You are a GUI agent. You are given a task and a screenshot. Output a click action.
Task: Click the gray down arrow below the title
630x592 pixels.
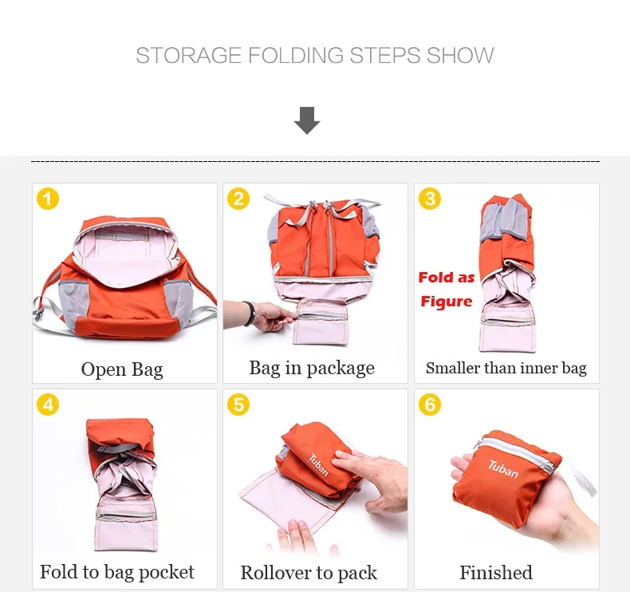(x=307, y=120)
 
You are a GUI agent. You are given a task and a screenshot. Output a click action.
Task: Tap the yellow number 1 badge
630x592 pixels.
(x=48, y=199)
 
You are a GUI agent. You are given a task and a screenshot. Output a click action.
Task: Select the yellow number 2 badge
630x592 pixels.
(x=238, y=199)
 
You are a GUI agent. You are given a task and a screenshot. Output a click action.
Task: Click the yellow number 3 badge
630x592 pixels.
(x=430, y=199)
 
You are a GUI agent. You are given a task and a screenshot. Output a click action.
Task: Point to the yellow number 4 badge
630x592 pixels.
(x=48, y=405)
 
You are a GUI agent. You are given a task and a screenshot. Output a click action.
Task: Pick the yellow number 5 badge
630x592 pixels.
(x=238, y=405)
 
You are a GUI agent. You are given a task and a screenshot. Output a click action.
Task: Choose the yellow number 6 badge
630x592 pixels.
(x=430, y=405)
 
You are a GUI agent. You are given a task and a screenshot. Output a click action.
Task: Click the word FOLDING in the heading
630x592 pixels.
(x=296, y=56)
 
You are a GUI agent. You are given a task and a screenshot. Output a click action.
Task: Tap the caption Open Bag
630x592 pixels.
(x=122, y=369)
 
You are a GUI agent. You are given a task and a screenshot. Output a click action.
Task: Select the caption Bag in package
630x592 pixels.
(x=312, y=368)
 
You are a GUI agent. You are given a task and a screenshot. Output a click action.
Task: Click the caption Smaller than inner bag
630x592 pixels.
(x=506, y=368)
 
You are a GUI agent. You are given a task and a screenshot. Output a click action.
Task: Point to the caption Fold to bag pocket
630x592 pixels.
(x=117, y=572)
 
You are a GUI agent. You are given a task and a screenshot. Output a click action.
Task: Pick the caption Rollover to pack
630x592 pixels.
(x=309, y=573)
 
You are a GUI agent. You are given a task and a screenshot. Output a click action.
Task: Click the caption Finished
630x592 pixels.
(x=496, y=573)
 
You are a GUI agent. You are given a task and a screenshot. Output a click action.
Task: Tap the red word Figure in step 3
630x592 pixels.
(x=447, y=302)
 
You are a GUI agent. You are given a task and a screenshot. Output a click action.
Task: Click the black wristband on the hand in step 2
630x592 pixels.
(x=250, y=313)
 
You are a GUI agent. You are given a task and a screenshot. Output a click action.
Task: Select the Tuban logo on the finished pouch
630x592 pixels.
(x=503, y=469)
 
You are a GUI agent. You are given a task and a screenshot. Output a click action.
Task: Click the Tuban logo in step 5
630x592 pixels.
(x=319, y=465)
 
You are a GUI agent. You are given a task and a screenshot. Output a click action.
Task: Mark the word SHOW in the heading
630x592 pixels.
(x=460, y=56)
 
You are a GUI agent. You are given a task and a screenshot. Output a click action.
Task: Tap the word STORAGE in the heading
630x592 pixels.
(x=189, y=56)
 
